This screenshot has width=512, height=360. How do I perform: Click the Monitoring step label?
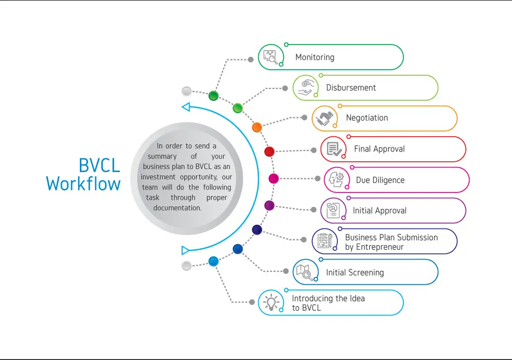[x=314, y=57]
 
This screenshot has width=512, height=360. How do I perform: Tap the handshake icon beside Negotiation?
[x=325, y=118]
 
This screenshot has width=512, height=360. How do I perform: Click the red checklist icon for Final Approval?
[x=334, y=149]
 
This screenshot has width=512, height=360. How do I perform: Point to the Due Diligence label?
[x=380, y=180]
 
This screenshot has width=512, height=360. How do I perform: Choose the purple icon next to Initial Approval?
[x=333, y=210]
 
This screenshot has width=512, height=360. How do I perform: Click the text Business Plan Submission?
[x=391, y=237]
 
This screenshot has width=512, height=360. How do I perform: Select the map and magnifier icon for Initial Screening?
[x=305, y=272]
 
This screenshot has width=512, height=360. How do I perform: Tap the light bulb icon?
[x=271, y=302]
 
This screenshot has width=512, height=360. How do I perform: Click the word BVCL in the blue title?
[x=99, y=165]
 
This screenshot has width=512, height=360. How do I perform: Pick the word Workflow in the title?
[x=83, y=183]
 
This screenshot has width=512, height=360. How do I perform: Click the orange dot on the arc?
[x=257, y=127]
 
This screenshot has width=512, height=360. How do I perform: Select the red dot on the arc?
[x=269, y=151]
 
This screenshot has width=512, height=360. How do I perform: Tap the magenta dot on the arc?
[x=273, y=178]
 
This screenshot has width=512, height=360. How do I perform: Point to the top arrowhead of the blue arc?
[x=186, y=107]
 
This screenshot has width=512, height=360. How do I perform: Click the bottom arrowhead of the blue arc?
[x=185, y=250]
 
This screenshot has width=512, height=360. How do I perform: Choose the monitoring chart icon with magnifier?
[x=270, y=57]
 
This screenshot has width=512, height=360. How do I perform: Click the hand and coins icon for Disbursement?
[x=306, y=88]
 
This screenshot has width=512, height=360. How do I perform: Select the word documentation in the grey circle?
[x=178, y=208]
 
